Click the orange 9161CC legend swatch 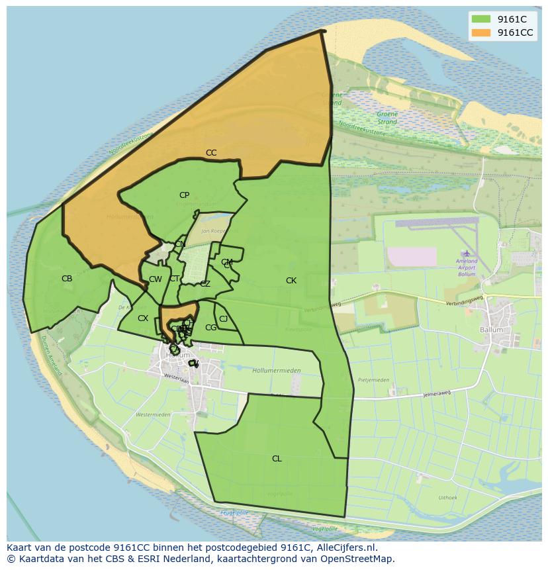point(482,32)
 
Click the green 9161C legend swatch point(482,19)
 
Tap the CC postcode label point(211,153)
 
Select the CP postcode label point(184,195)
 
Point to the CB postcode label point(67,279)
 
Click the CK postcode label point(291,281)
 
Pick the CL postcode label point(277,459)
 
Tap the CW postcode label point(156,279)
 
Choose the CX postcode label point(143,318)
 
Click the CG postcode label point(211,328)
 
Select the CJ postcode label point(224,319)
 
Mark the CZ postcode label point(205,284)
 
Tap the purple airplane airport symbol point(467,253)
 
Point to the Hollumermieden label point(277,371)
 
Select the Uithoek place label point(447,498)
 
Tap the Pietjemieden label point(373,381)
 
